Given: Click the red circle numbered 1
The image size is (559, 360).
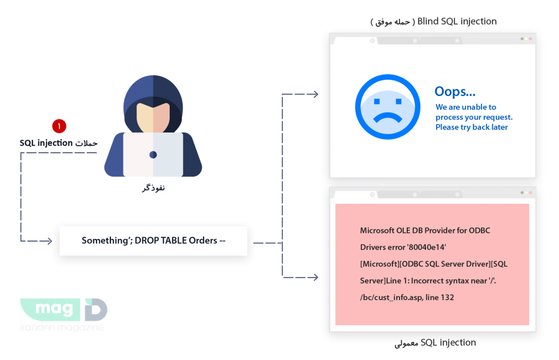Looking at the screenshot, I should pyautogui.click(x=59, y=126).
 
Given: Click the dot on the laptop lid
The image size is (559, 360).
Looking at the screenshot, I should pyautogui.click(x=153, y=155).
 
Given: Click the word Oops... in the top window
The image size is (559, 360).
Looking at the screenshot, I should pyautogui.click(x=455, y=92).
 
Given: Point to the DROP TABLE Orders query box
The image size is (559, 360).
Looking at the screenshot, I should pyautogui.click(x=153, y=241).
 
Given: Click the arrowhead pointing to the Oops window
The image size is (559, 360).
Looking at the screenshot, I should pyautogui.click(x=315, y=94).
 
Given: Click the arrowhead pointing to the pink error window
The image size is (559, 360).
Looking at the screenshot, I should pyautogui.click(x=315, y=277).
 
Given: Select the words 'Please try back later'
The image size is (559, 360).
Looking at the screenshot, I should pyautogui.click(x=472, y=127).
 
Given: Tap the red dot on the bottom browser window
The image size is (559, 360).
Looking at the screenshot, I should pyautogui.click(x=530, y=193).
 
